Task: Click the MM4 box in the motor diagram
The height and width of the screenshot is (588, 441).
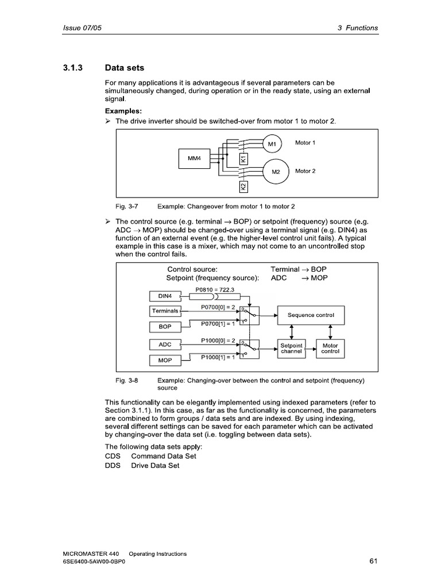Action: point(194,158)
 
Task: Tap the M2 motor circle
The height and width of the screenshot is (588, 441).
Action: point(276,171)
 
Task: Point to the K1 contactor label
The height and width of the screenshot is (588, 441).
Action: point(243,158)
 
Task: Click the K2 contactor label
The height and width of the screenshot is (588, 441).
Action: point(243,187)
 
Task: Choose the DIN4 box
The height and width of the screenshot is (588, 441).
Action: point(165,296)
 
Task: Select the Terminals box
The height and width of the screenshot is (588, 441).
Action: point(165,311)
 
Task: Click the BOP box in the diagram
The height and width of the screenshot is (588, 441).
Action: point(165,327)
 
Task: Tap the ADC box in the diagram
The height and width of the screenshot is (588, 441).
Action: point(165,345)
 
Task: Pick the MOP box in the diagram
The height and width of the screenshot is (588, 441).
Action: point(165,361)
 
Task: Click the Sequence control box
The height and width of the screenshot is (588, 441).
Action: point(311,315)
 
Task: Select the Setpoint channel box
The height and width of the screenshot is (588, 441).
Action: point(291,349)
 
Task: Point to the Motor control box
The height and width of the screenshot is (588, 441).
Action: point(330,349)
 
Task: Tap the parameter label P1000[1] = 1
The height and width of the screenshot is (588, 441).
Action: point(218,357)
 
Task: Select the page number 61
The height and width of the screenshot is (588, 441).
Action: point(373,562)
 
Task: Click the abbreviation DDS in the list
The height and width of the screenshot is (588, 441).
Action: point(113,466)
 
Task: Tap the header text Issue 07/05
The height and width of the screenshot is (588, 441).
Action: point(83,28)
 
